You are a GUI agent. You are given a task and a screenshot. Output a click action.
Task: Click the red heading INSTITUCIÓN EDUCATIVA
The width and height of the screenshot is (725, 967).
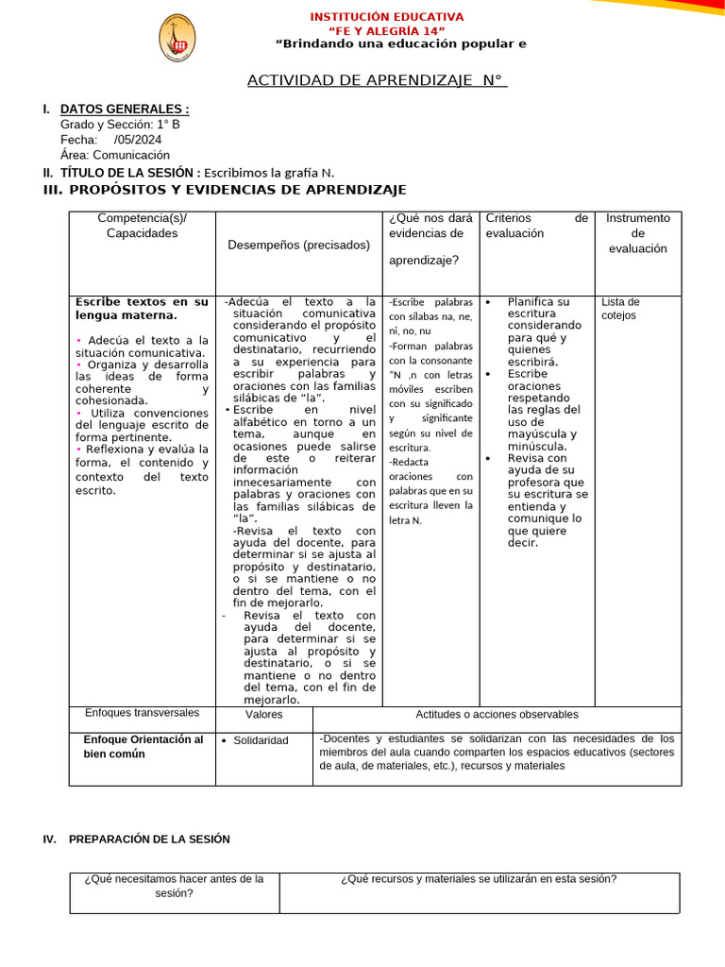pyautogui.click(x=387, y=17)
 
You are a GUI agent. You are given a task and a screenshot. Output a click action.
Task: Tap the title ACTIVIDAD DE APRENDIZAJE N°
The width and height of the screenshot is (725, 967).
pyautogui.click(x=377, y=80)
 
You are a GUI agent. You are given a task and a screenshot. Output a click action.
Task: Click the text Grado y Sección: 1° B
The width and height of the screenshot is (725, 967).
pyautogui.click(x=119, y=125)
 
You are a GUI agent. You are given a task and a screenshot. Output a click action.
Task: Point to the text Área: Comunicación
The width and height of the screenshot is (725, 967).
pyautogui.click(x=114, y=155)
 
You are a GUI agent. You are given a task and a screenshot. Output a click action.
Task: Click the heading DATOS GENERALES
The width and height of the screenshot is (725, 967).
pyautogui.click(x=124, y=110)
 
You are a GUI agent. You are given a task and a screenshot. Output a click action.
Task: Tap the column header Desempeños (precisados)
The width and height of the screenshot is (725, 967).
pyautogui.click(x=299, y=246)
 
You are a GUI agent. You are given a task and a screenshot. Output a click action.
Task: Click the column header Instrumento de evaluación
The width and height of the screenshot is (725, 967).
pyautogui.click(x=637, y=233)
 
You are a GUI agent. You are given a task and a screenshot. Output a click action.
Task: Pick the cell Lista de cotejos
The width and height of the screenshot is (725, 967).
pyautogui.click(x=620, y=309)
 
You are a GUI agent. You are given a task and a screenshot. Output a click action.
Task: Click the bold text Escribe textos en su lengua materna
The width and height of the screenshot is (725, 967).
pyautogui.click(x=142, y=309)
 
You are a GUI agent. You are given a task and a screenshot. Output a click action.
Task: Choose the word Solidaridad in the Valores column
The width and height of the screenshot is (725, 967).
pyautogui.click(x=261, y=740)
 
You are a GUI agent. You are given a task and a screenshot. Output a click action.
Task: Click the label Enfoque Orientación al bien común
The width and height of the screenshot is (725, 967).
pyautogui.click(x=143, y=746)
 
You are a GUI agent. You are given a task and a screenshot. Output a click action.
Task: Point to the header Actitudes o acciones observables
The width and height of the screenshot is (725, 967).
pyautogui.click(x=497, y=715)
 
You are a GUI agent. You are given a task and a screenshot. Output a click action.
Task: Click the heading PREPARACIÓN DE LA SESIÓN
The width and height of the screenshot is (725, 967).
pyautogui.click(x=149, y=840)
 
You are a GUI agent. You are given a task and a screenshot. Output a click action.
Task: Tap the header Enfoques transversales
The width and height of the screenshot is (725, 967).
pyautogui.click(x=143, y=713)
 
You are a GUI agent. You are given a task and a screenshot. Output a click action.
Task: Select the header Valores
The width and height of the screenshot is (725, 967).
pyautogui.click(x=263, y=715)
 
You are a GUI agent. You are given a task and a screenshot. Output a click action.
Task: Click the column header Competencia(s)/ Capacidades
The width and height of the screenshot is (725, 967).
pyautogui.click(x=143, y=226)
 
